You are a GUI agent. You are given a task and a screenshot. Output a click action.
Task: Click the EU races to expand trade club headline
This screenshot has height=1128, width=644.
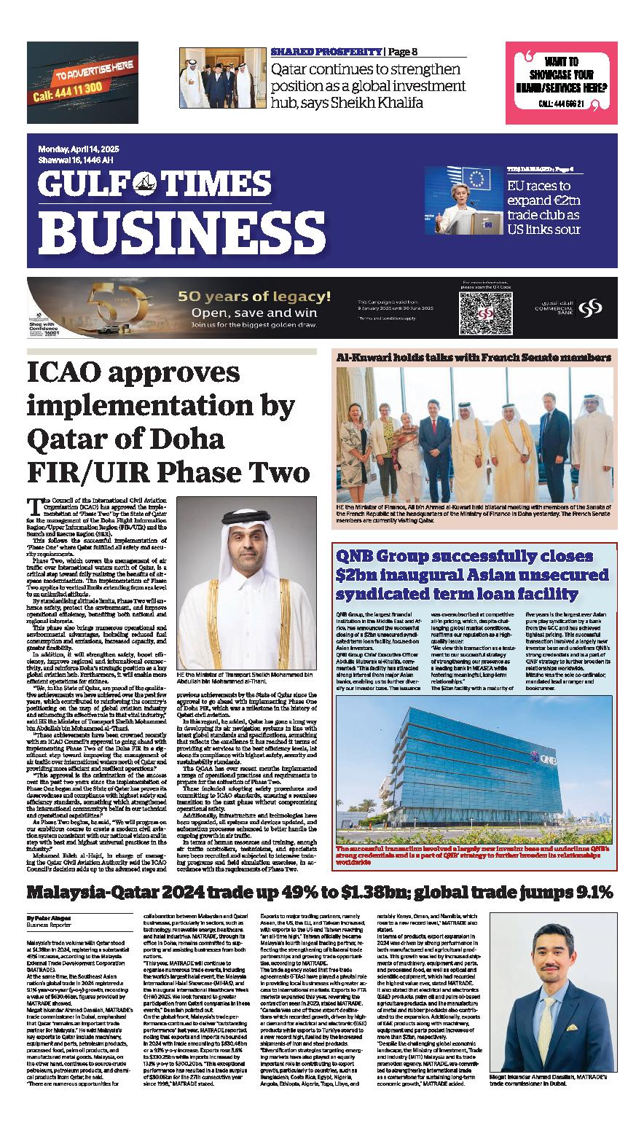(x=543, y=207)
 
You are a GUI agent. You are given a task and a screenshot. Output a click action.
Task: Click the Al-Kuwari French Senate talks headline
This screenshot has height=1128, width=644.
(x=473, y=358)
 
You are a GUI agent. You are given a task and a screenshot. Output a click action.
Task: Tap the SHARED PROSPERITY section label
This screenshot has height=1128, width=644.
(x=326, y=52)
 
